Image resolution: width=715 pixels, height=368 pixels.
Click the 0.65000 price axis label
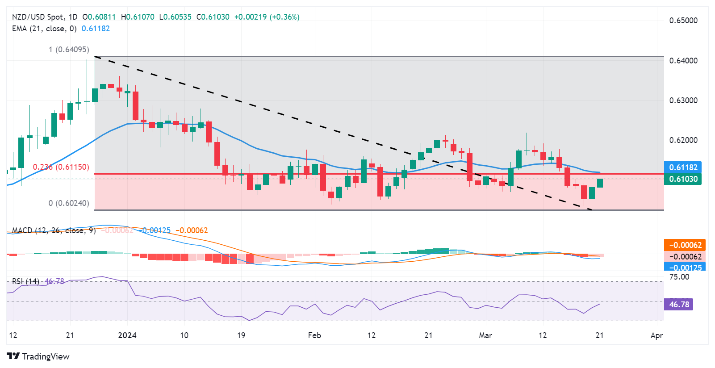pyautogui.click(x=683, y=21)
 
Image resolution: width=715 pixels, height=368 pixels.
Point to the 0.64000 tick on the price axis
pyautogui.click(x=683, y=61)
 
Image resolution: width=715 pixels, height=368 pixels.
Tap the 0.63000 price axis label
pyautogui.click(x=683, y=100)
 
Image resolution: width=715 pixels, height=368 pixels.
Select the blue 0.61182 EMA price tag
pyautogui.click(x=683, y=167)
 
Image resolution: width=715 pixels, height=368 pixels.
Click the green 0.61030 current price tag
pyautogui.click(x=683, y=179)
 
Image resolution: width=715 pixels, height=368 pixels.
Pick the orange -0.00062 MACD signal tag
pyautogui.click(x=685, y=245)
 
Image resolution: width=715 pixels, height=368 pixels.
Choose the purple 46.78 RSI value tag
pyautogui.click(x=679, y=305)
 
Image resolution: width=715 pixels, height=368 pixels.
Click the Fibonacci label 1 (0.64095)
pyautogui.click(x=69, y=50)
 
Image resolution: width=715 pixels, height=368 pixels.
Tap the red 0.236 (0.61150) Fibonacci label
pyautogui.click(x=61, y=167)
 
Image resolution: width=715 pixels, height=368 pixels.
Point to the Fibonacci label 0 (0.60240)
pyautogui.click(x=69, y=203)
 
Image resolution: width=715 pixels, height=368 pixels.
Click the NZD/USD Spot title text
pyautogui.click(x=38, y=17)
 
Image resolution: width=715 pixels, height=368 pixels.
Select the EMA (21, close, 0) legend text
pyautogui.click(x=44, y=29)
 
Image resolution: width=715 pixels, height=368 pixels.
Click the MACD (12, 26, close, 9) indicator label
pyautogui.click(x=54, y=230)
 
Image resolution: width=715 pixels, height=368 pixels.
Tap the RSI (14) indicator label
pyautogui.click(x=25, y=281)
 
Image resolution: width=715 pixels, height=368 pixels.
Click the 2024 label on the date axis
pyautogui.click(x=127, y=335)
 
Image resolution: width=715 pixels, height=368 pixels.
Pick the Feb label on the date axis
pyautogui.click(x=314, y=335)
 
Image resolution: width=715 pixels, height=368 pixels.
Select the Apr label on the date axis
pyautogui.click(x=656, y=335)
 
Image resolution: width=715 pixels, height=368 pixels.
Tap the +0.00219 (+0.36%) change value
pyautogui.click(x=267, y=17)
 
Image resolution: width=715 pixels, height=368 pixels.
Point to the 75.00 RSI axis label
pyautogui.click(x=679, y=277)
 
